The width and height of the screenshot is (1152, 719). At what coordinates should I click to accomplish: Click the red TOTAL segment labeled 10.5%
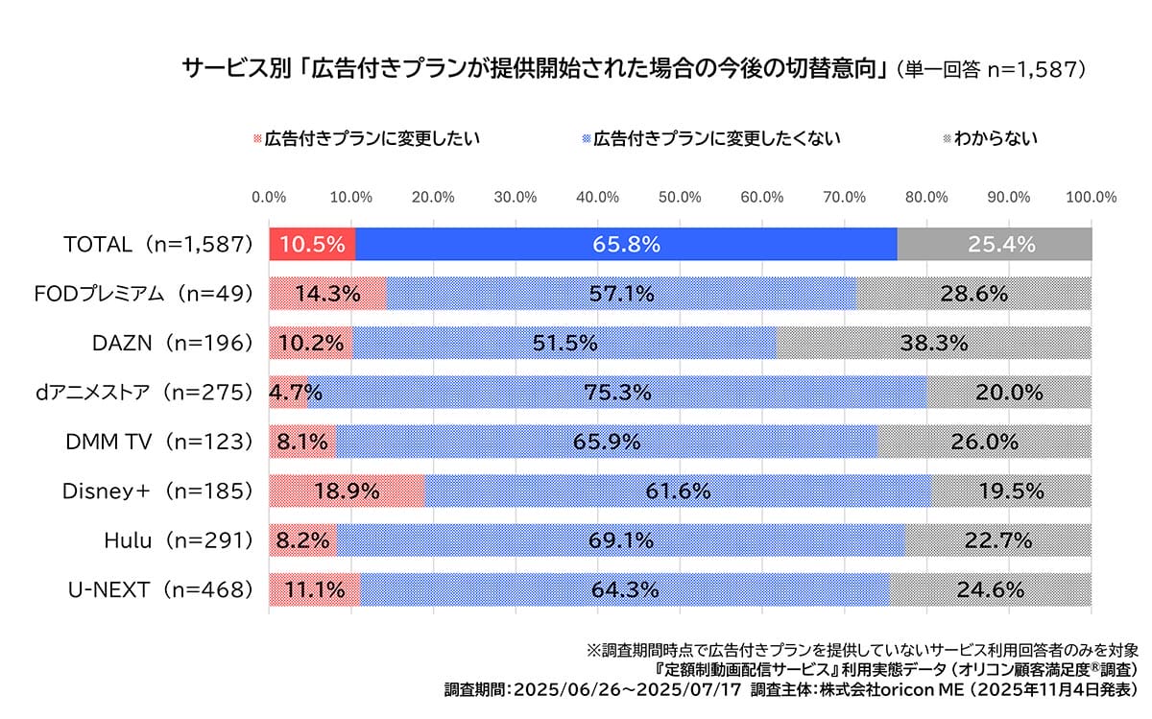click(x=312, y=244)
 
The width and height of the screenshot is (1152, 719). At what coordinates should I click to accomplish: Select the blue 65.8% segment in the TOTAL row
click(x=626, y=244)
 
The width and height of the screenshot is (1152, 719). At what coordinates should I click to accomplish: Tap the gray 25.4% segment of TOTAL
click(x=995, y=244)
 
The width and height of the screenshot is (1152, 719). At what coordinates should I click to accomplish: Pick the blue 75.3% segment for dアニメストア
click(x=616, y=392)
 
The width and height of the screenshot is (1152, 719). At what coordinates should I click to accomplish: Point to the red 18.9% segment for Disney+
click(x=347, y=491)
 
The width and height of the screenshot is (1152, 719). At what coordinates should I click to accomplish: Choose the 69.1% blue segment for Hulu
click(x=620, y=540)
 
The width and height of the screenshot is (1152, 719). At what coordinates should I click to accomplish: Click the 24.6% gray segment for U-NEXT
click(x=990, y=589)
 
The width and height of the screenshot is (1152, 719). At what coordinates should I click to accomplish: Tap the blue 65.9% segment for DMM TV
click(x=607, y=442)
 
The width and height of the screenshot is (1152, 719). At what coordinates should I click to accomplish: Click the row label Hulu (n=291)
click(x=178, y=540)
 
